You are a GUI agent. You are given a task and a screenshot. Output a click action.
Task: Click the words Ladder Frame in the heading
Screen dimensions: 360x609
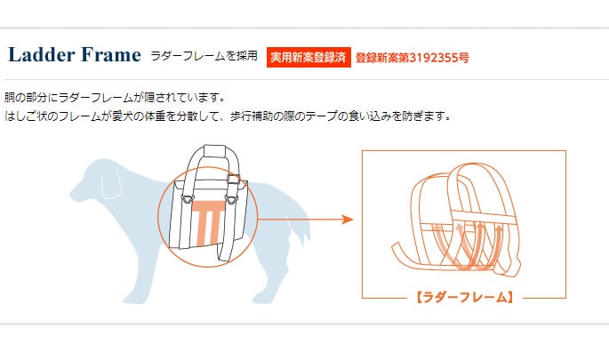74,55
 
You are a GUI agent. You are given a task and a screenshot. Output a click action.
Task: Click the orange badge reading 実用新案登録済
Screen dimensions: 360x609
308,57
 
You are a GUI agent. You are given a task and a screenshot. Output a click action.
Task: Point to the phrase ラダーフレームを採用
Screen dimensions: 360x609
204,56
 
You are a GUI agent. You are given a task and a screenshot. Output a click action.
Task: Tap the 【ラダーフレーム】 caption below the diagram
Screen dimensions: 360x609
464,297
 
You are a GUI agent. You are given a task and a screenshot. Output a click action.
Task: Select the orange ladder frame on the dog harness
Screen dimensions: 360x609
208,222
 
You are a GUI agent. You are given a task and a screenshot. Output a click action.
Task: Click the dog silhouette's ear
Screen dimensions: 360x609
112,184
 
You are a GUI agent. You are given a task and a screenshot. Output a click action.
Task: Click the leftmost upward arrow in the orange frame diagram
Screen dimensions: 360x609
460,240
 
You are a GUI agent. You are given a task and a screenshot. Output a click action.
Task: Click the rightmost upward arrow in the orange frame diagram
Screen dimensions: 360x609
499,238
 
